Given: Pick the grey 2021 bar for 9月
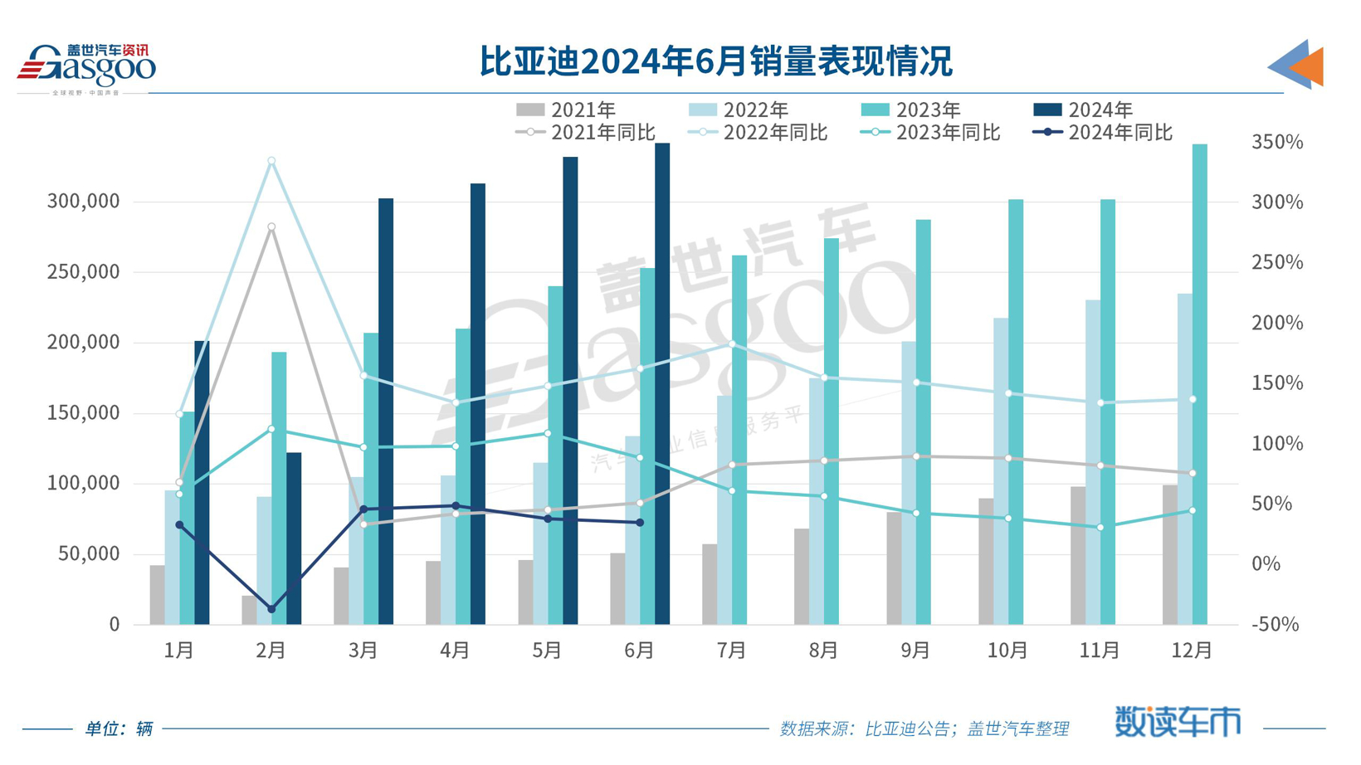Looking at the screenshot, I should (894, 568).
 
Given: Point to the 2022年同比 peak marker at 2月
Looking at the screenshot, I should (271, 162).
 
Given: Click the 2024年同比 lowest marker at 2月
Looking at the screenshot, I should (271, 610).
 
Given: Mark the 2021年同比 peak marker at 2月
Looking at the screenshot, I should (271, 227).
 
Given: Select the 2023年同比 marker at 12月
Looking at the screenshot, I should (1193, 511).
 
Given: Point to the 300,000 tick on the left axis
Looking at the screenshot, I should (83, 202).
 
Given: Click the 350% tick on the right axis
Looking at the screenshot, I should (1277, 143).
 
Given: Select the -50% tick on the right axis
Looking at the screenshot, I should (1276, 625).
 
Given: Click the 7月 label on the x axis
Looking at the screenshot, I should (731, 650).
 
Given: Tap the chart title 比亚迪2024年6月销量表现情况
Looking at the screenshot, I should (715, 61).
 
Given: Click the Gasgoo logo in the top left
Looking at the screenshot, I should (86, 66).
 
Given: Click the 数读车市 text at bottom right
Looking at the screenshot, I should (1178, 722).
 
